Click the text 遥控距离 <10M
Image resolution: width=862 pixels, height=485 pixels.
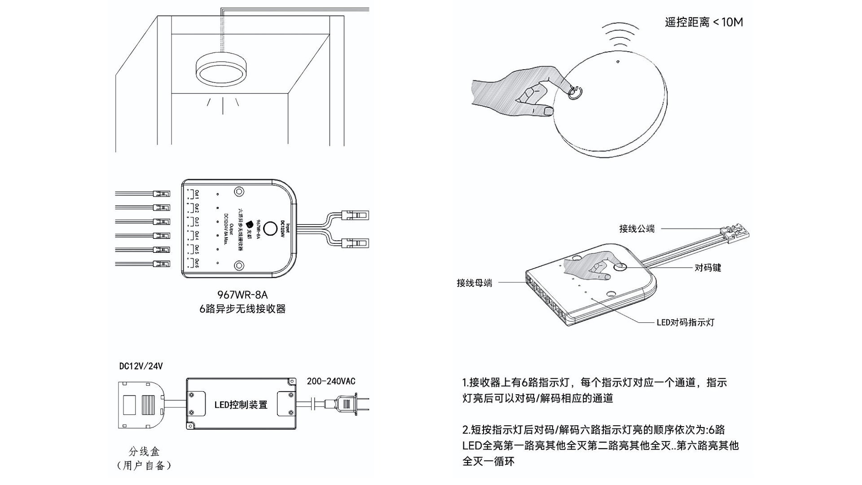[x=704, y=22]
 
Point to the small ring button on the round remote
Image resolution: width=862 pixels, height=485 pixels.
[x=575, y=93]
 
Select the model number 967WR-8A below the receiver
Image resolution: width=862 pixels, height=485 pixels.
[x=242, y=295]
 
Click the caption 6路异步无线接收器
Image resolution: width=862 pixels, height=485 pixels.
[x=242, y=309]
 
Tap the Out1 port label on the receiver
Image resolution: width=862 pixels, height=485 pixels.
[x=196, y=194]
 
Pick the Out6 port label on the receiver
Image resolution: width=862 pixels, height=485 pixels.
[x=196, y=263]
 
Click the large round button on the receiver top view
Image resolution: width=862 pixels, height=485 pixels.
[x=270, y=229]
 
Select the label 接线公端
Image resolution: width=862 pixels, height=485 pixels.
[x=637, y=229]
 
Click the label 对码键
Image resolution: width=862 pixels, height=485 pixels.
[x=708, y=268]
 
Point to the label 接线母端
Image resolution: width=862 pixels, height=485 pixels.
[x=474, y=283]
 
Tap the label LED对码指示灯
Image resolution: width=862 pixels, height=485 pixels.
[x=685, y=322]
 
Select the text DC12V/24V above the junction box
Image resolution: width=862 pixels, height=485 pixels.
[x=141, y=366]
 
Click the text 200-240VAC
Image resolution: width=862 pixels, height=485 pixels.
[x=331, y=381]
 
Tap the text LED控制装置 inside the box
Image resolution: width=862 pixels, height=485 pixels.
[x=241, y=405]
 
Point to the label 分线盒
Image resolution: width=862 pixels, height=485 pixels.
[x=144, y=451]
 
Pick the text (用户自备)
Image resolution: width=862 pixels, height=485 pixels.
[x=144, y=465]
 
